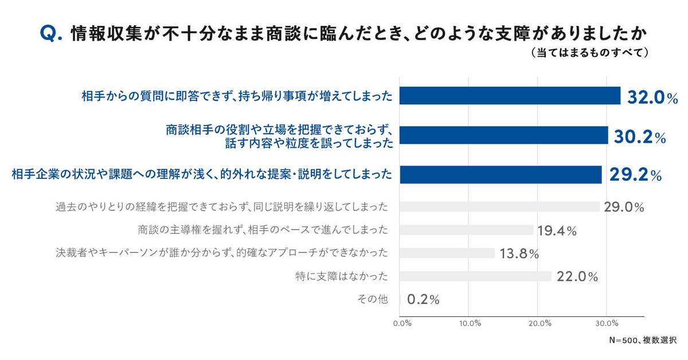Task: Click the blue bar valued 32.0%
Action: click(x=510, y=96)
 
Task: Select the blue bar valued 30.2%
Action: click(x=504, y=135)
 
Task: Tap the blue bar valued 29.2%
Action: click(x=501, y=174)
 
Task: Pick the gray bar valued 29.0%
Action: click(x=499, y=207)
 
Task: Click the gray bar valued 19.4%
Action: click(x=467, y=230)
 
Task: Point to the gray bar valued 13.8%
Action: click(x=447, y=253)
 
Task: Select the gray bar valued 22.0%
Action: click(x=475, y=276)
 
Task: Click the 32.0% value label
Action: click(x=652, y=97)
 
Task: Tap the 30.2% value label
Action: click(x=640, y=137)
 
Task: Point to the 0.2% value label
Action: click(x=423, y=299)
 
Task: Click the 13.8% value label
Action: click(x=519, y=254)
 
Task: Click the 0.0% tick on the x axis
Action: click(x=402, y=323)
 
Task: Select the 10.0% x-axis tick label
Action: click(x=470, y=323)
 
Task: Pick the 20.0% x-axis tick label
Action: click(x=540, y=323)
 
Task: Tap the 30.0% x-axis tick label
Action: click(x=607, y=323)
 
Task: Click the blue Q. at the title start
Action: click(x=51, y=34)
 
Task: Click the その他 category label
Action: click(x=372, y=299)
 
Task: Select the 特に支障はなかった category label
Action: click(x=342, y=276)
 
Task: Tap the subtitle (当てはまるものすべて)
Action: click(x=590, y=53)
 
